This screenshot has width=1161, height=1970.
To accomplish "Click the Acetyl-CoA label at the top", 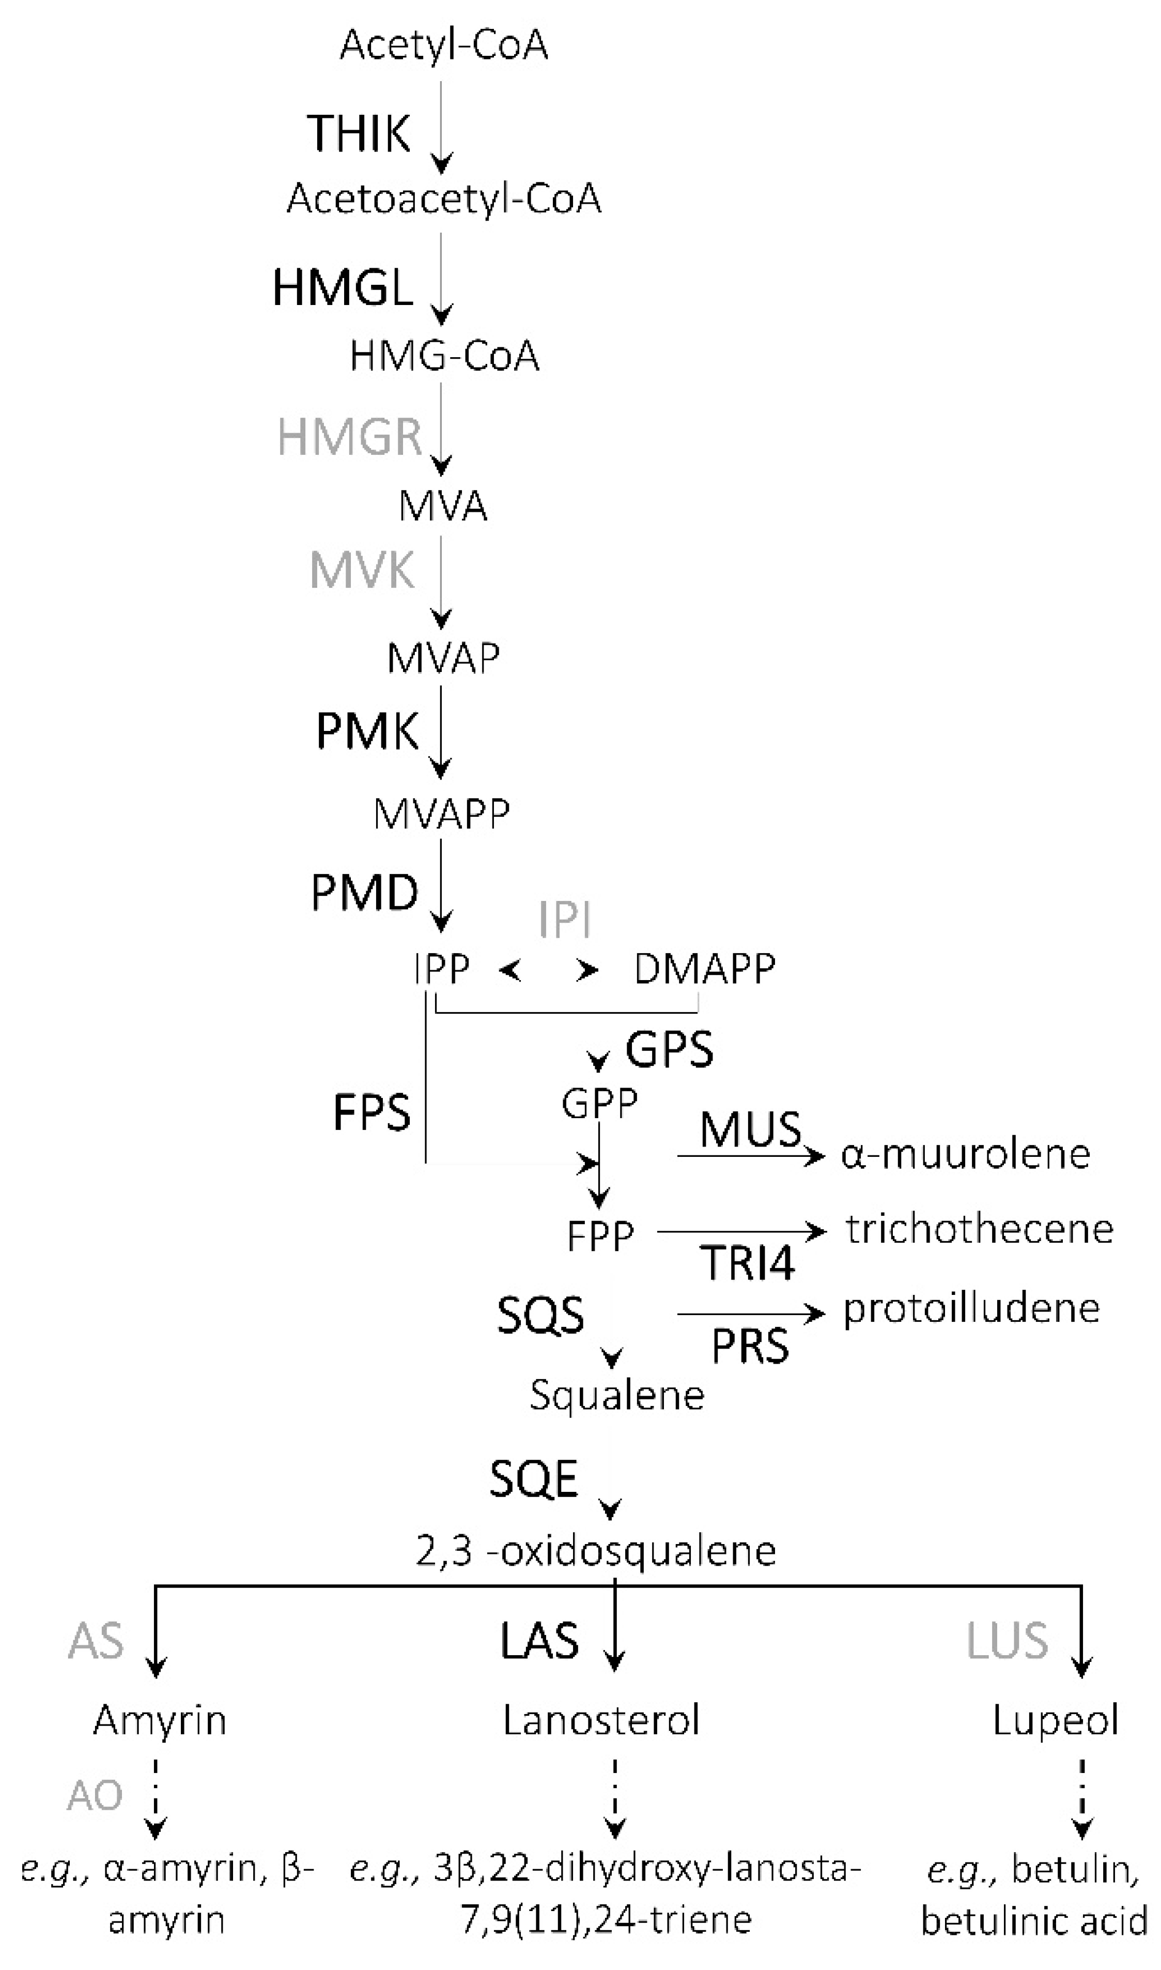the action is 444,45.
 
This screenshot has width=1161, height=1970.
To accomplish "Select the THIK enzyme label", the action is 358,133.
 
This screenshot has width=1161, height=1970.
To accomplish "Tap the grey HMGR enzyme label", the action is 350,437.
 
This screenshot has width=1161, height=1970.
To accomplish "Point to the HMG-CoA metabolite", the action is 444,356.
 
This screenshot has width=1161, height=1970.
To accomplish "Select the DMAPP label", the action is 704,969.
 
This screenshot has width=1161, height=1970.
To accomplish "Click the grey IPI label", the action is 564,920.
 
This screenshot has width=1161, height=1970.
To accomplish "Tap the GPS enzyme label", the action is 669,1049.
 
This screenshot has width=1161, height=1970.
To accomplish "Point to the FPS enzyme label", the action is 371,1112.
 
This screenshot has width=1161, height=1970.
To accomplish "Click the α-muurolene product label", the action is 965,1154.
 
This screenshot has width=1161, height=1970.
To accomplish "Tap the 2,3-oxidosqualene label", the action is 595,1550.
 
